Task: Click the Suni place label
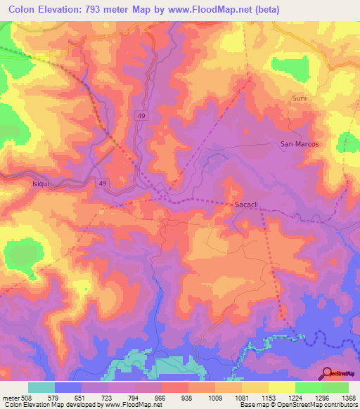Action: (300, 98)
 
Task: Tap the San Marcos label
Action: (300, 144)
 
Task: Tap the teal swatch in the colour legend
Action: (41, 387)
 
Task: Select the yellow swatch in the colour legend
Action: (282, 387)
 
